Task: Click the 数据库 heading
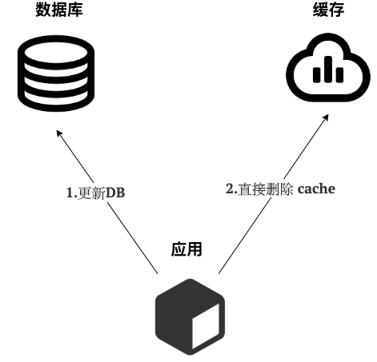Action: [59, 10]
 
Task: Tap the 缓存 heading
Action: [328, 10]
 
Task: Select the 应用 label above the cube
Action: [186, 249]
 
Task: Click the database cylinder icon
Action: [56, 74]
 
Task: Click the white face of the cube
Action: [206, 327]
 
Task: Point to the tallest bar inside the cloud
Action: [328, 69]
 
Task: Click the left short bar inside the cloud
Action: [316, 74]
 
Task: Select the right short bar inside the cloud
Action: [339, 74]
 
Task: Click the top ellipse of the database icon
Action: [56, 52]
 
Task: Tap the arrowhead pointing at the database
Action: [59, 133]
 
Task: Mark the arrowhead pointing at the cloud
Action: [326, 117]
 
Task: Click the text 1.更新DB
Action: [95, 193]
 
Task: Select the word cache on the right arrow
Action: [316, 189]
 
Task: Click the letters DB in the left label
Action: [115, 193]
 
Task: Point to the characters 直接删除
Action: [265, 189]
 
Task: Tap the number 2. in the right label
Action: [231, 189]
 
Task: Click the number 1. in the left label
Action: [71, 193]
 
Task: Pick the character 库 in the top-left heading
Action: [75, 10]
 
